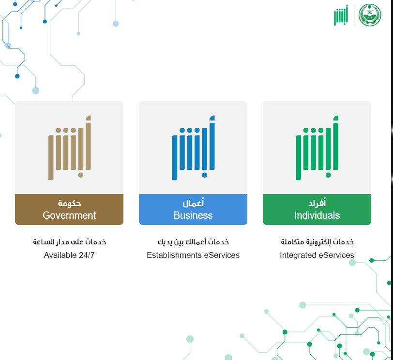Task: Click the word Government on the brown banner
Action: click(69, 215)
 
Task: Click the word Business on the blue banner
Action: click(193, 215)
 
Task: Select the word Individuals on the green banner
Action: click(317, 215)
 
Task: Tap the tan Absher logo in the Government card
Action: click(69, 148)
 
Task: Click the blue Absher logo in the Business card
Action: click(193, 148)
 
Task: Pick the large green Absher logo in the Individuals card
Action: click(317, 148)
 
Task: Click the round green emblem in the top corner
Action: click(370, 15)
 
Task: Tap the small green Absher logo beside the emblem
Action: click(341, 15)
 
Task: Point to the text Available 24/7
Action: click(69, 255)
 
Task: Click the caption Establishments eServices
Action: click(193, 255)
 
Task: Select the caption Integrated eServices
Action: click(317, 255)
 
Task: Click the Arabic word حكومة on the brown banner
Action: click(69, 203)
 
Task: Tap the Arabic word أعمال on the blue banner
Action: click(193, 202)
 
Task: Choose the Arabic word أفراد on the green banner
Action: click(317, 202)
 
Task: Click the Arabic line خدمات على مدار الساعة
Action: click(69, 242)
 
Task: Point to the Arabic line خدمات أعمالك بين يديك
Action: click(193, 242)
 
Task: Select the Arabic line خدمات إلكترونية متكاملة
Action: click(317, 242)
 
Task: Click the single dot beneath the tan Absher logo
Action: click(81, 175)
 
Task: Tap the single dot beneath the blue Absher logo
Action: click(205, 175)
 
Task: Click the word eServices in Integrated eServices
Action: click(336, 255)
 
